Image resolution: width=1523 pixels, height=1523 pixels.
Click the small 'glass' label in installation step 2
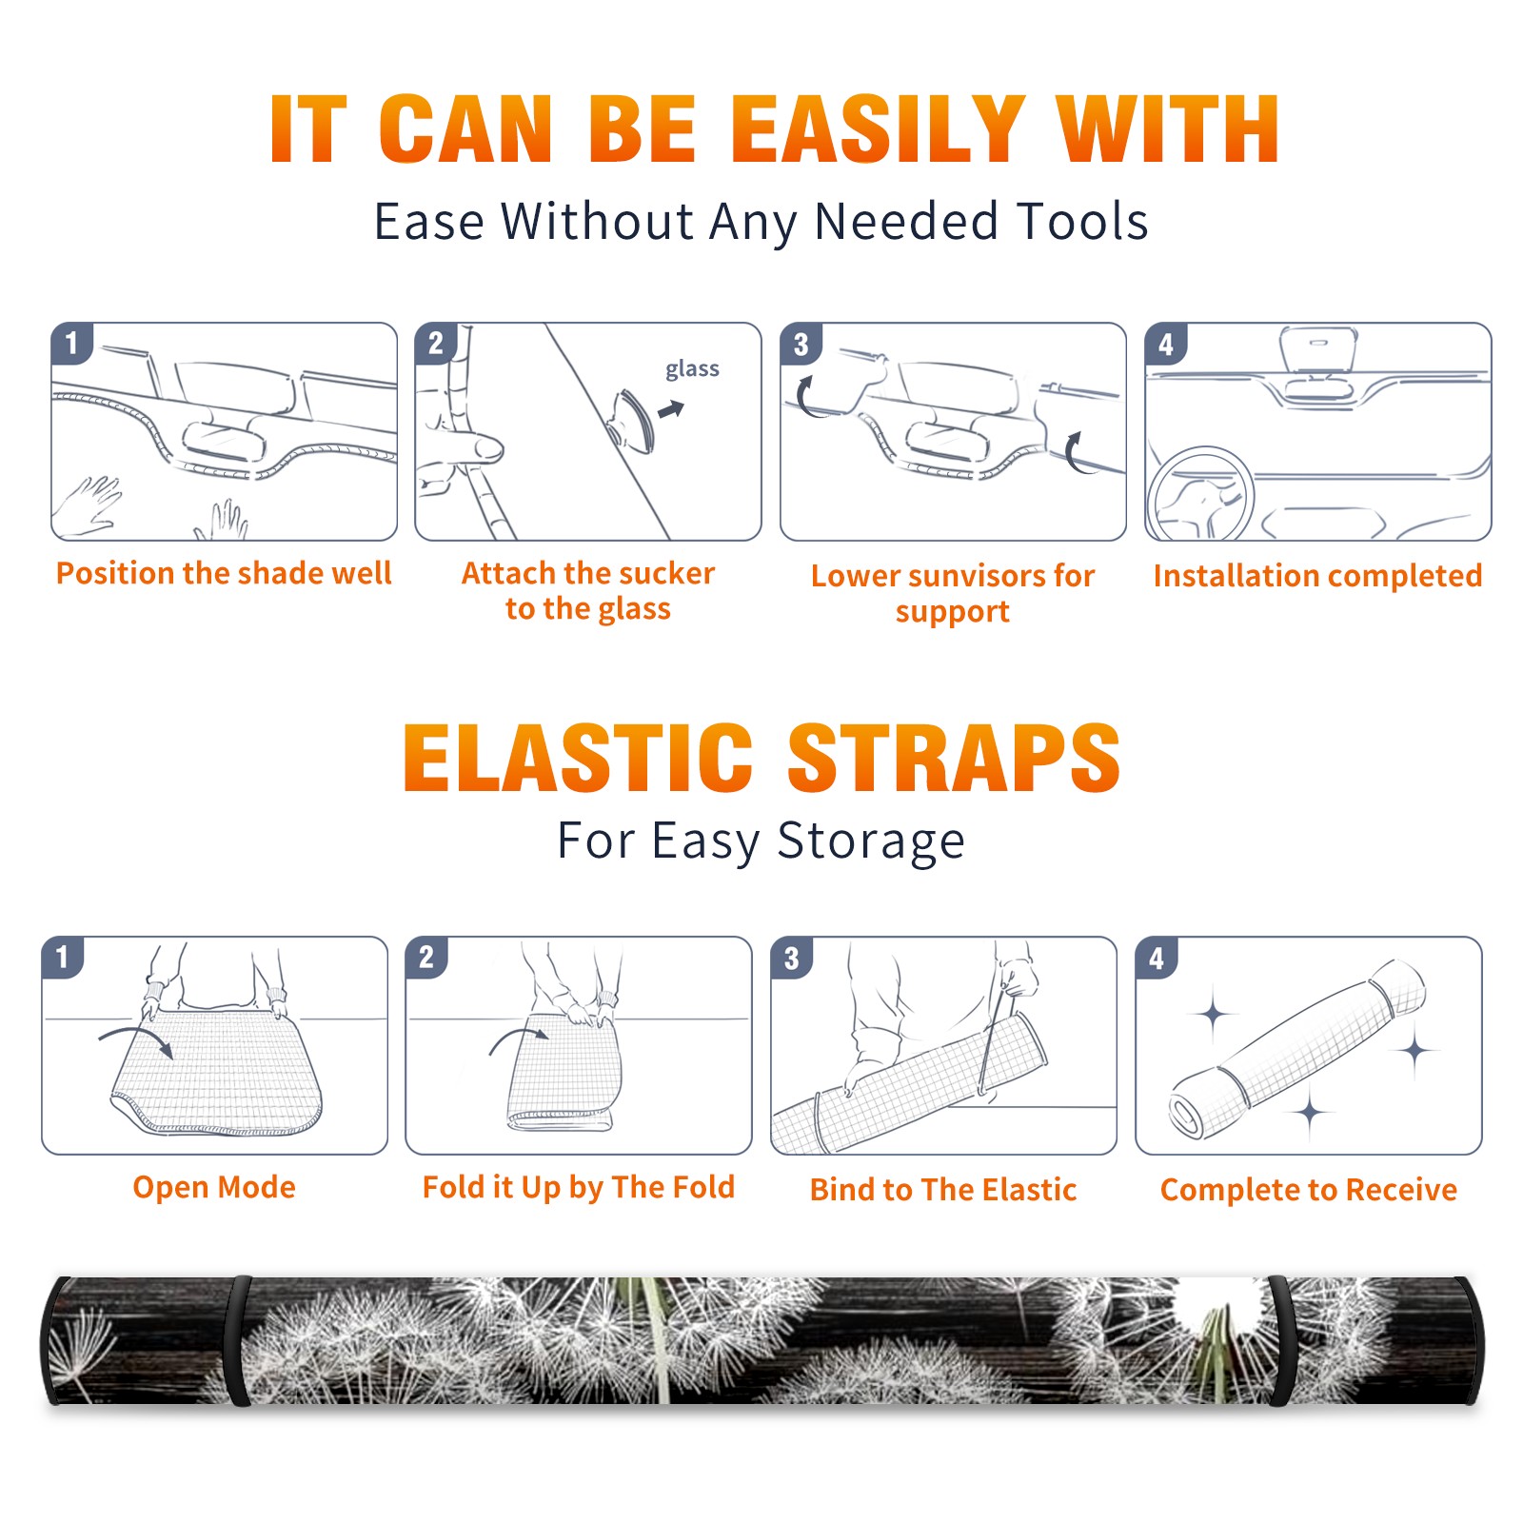pyautogui.click(x=692, y=369)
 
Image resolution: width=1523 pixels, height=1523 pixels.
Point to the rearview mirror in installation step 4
pyautogui.click(x=1317, y=349)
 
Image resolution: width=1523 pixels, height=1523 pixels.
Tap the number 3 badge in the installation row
pyautogui.click(x=801, y=344)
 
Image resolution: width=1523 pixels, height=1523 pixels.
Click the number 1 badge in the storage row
pyautogui.click(x=63, y=957)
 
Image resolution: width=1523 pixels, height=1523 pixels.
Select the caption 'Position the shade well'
pyautogui.click(x=224, y=573)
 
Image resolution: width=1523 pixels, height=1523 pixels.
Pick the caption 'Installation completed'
pyautogui.click(x=1317, y=576)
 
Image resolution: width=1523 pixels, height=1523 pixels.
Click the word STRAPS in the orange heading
pyautogui.click(x=954, y=758)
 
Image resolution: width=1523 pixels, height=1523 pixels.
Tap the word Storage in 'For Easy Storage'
pyautogui.click(x=871, y=841)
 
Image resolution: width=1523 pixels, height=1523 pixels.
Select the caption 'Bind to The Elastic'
pyautogui.click(x=943, y=1190)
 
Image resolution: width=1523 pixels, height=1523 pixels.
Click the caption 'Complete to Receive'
pyautogui.click(x=1309, y=1190)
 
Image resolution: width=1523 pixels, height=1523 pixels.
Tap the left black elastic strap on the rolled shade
pyautogui.click(x=238, y=1340)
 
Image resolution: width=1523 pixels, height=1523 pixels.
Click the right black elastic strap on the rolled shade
pyautogui.click(x=1279, y=1340)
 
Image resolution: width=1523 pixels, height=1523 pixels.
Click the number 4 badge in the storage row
pyautogui.click(x=1157, y=958)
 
